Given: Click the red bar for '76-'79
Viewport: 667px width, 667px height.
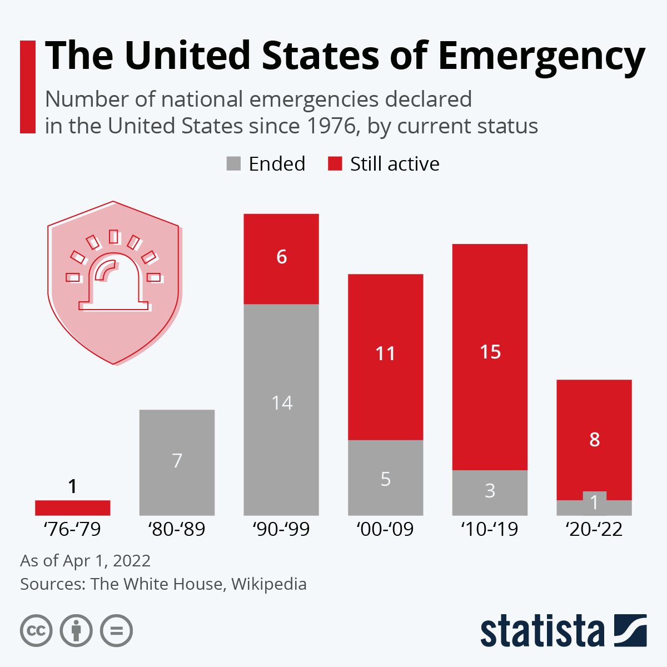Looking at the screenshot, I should pos(72,507).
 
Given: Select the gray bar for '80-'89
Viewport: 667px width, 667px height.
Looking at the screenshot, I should pos(177,462).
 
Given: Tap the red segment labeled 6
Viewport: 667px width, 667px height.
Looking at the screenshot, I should pos(281,258).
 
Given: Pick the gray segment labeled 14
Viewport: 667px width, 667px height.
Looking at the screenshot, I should pos(281,409).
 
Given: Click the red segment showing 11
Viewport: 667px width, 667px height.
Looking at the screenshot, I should pos(385,357).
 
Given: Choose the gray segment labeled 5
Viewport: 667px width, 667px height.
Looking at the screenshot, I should pos(385,477).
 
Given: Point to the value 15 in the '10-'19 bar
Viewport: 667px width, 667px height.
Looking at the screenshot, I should pos(490,352).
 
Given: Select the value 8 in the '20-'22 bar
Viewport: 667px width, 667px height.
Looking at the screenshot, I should pos(594,440).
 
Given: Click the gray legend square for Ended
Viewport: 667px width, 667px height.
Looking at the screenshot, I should pos(234,164).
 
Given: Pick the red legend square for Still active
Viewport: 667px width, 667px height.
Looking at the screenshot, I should pos(335,164).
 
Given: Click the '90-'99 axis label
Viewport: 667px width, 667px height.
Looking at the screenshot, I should pos(281,529).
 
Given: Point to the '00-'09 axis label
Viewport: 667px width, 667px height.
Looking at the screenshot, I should pos(385,529).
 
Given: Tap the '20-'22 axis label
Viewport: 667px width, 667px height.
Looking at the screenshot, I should pos(594,529).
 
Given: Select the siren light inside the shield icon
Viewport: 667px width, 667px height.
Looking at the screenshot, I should pos(114,281).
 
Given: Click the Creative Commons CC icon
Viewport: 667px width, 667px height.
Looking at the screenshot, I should pos(36,631).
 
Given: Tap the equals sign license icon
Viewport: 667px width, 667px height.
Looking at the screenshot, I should pos(116,631).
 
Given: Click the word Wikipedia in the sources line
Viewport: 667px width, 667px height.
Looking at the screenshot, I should pos(269,584).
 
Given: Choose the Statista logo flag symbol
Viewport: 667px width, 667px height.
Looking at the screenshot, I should pos(630,630).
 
